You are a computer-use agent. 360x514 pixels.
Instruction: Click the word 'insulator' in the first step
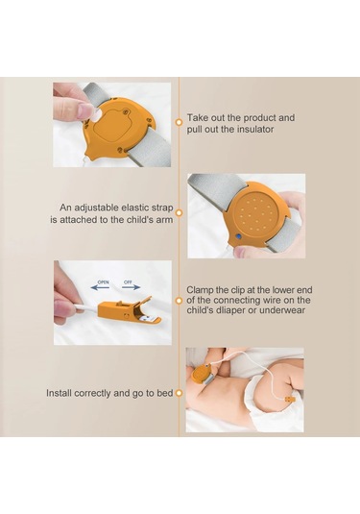pyautogui.click(x=252, y=129)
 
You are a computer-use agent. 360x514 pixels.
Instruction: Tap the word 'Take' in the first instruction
pyautogui.click(x=197, y=117)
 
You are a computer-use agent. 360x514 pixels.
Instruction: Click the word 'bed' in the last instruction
pyautogui.click(x=165, y=393)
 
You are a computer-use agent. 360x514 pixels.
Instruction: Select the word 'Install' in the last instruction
pyautogui.click(x=59, y=393)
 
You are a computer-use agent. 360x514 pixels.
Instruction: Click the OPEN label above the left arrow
pyautogui.click(x=103, y=282)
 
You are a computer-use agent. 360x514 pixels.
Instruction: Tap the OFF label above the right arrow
pyautogui.click(x=128, y=282)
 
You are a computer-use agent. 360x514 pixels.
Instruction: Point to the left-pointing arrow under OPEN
pyautogui.click(x=100, y=288)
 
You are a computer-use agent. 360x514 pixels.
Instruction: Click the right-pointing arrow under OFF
pyautogui.click(x=131, y=287)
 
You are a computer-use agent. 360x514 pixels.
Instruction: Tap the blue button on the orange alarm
pyautogui.click(x=239, y=235)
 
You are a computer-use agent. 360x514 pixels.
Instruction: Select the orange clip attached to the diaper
pyautogui.click(x=290, y=400)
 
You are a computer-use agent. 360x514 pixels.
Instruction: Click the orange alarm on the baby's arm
pyautogui.click(x=202, y=375)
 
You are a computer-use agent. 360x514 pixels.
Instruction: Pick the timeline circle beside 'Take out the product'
pyautogui.click(x=179, y=122)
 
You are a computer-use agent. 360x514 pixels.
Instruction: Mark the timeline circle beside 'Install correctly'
pyautogui.click(x=179, y=393)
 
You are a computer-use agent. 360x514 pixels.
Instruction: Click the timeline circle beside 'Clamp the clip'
pyautogui.click(x=179, y=301)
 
